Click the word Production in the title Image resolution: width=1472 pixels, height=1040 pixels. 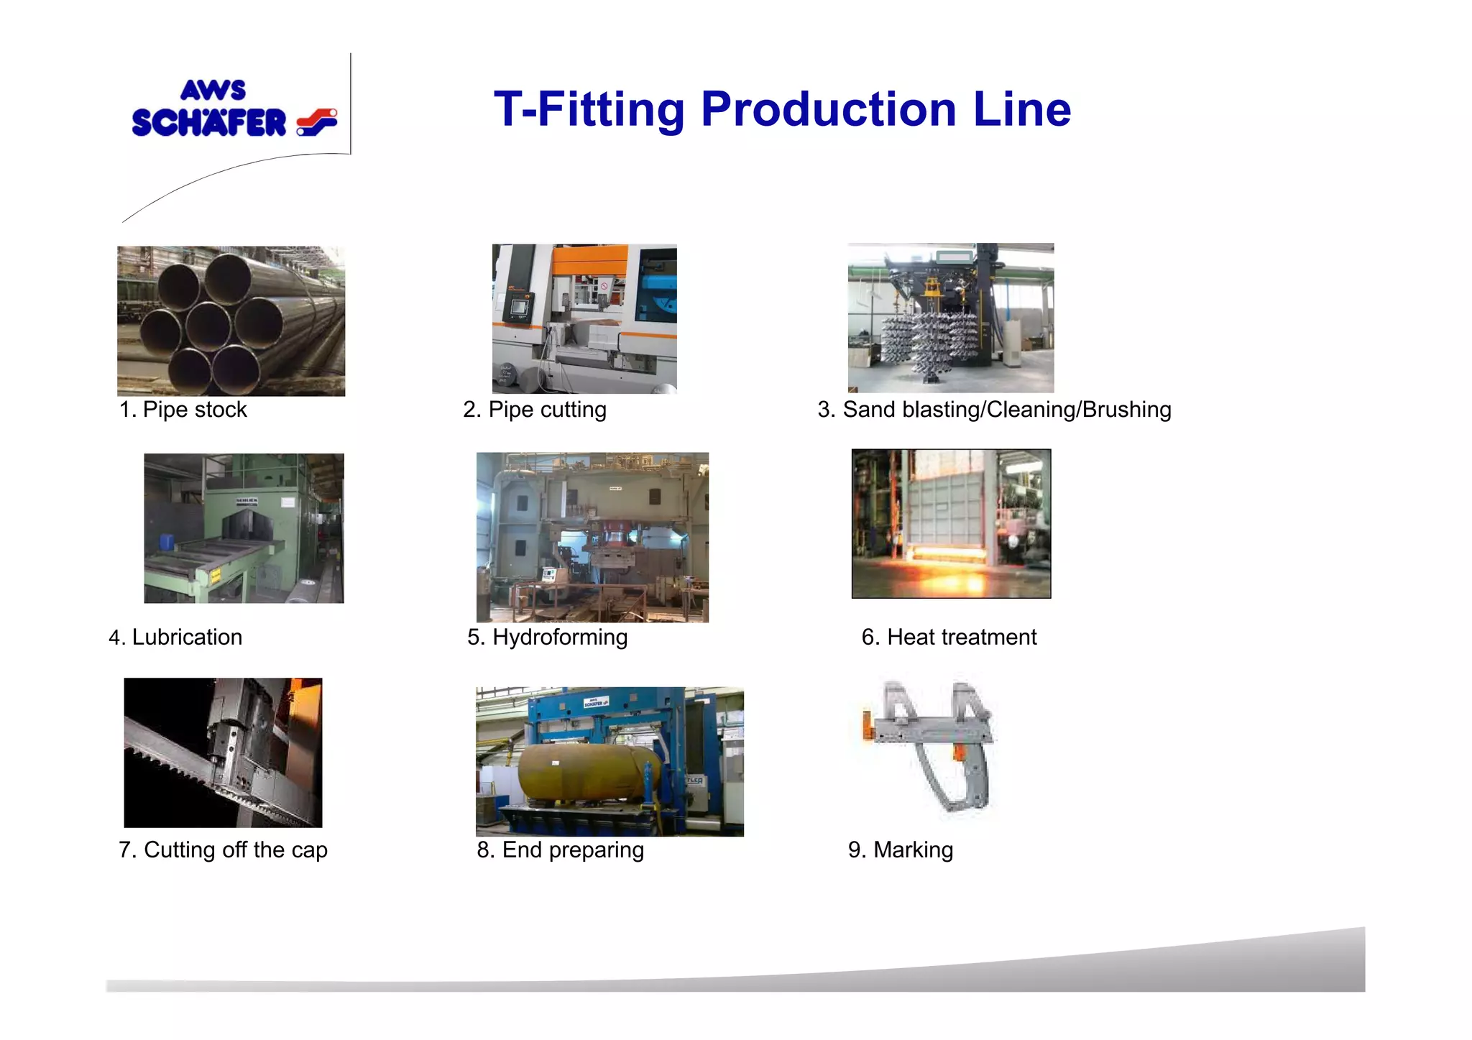click(828, 109)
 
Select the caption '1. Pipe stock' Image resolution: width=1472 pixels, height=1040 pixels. click(183, 410)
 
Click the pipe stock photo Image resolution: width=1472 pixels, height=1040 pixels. click(231, 321)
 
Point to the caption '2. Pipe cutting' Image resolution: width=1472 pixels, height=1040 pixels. click(535, 410)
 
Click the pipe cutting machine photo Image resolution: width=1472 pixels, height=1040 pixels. click(584, 318)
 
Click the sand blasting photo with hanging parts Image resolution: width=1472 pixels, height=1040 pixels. click(950, 318)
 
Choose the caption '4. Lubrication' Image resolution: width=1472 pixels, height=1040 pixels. click(175, 638)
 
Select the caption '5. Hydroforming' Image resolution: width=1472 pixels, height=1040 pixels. click(547, 638)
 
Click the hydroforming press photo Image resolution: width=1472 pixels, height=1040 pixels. click(592, 537)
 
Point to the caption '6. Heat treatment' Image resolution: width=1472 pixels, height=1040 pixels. click(949, 638)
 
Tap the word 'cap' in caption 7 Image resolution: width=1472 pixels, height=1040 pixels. click(309, 850)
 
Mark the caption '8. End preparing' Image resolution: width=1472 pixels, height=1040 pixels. click(560, 850)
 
